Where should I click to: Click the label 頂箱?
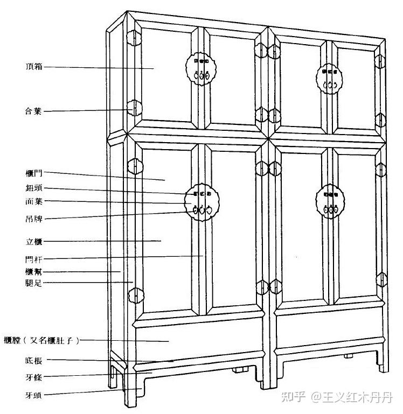[x=34, y=67]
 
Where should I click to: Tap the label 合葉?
[x=34, y=111]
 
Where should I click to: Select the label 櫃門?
[x=33, y=173]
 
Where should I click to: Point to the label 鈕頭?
[x=33, y=188]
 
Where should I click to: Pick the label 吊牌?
[x=33, y=219]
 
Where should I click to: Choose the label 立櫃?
[x=33, y=241]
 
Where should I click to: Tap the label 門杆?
[x=33, y=259]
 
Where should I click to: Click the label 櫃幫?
[x=33, y=272]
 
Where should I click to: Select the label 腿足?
[x=33, y=283]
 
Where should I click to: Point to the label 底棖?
[x=33, y=360]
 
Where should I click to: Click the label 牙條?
[x=33, y=377]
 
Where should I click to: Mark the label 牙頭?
[x=33, y=395]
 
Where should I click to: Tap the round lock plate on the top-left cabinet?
[x=200, y=68]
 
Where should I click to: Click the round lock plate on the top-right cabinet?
[x=329, y=78]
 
